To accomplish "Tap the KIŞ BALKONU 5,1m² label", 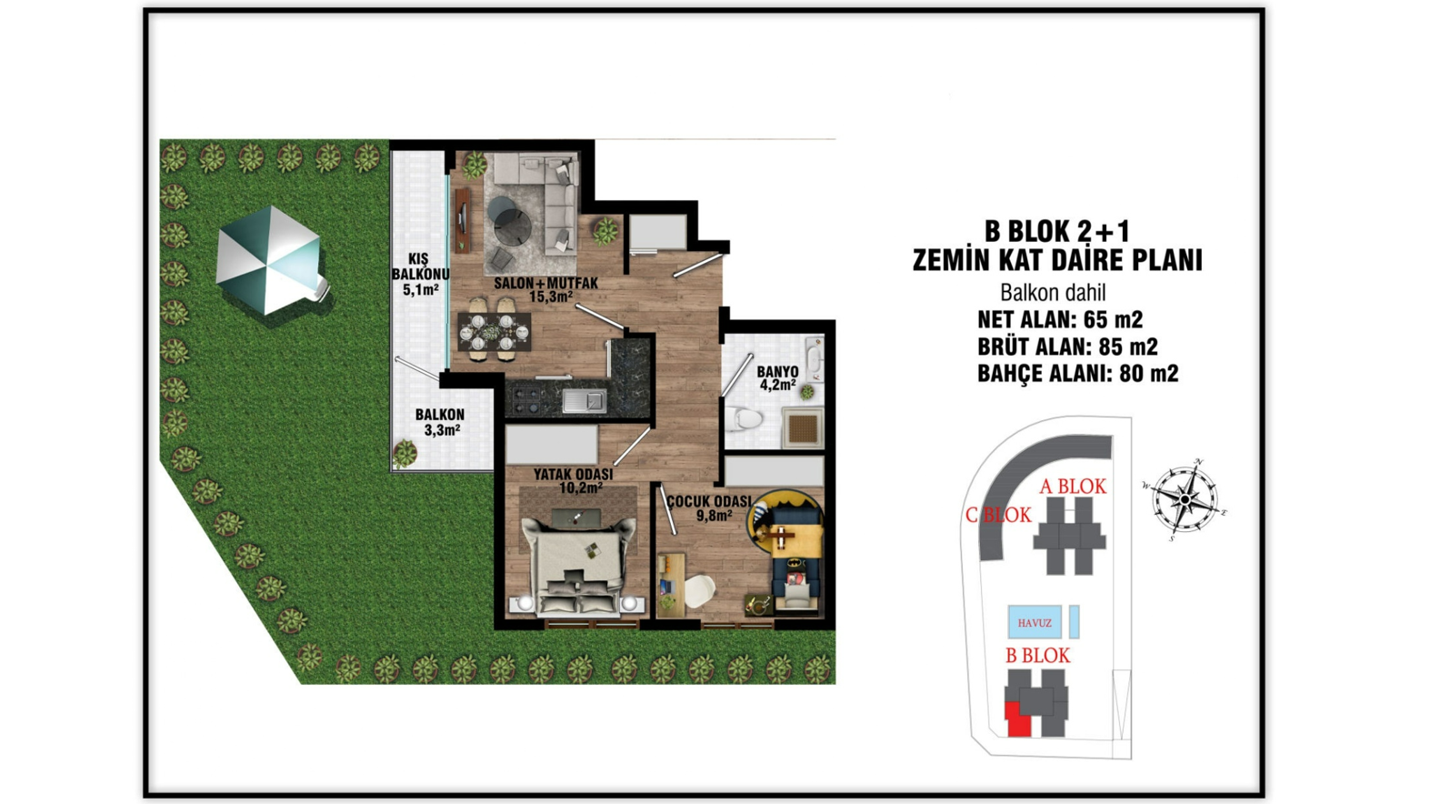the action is pyautogui.click(x=420, y=275).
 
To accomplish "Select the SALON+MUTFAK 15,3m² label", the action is pyautogui.click(x=546, y=289).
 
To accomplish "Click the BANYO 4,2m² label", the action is pyautogui.click(x=777, y=378).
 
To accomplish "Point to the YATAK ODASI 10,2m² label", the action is pyautogui.click(x=574, y=481).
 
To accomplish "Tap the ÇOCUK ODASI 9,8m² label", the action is pyautogui.click(x=709, y=508).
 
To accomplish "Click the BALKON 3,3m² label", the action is pyautogui.click(x=440, y=422).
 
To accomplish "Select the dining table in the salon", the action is pyautogui.click(x=495, y=332).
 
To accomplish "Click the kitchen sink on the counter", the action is pyautogui.click(x=585, y=402).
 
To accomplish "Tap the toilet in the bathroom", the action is pyautogui.click(x=744, y=419).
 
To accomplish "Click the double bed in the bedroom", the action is pyautogui.click(x=579, y=565).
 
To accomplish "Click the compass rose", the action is pyautogui.click(x=1185, y=499).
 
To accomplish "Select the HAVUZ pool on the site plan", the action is pyautogui.click(x=1035, y=622).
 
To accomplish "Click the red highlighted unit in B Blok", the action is pyautogui.click(x=1018, y=719).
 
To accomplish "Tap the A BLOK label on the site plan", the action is pyautogui.click(x=1073, y=487).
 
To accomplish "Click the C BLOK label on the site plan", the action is pyautogui.click(x=998, y=515).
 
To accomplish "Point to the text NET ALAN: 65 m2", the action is pyautogui.click(x=1060, y=319).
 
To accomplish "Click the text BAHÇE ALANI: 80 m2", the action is pyautogui.click(x=1077, y=373).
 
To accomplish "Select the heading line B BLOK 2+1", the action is pyautogui.click(x=1057, y=231).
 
